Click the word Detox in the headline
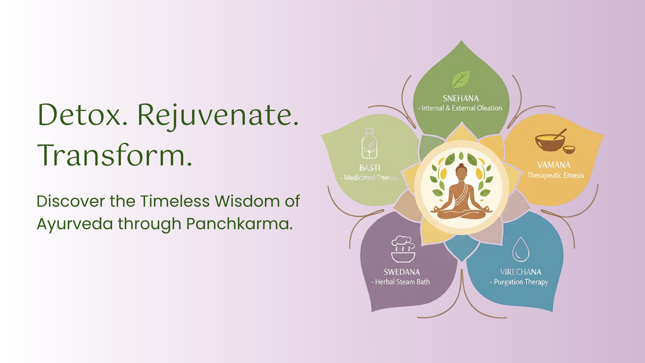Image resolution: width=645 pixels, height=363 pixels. (79, 115)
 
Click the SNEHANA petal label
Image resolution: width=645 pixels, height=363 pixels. (461, 98)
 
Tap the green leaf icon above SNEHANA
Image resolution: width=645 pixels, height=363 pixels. (461, 79)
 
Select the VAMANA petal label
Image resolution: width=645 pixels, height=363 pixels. (554, 165)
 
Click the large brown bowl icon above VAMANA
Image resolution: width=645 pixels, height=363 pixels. (550, 141)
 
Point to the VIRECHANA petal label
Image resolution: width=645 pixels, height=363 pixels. (520, 272)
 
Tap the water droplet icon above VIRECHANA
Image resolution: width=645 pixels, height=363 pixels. (520, 249)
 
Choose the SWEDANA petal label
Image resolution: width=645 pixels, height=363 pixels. (402, 272)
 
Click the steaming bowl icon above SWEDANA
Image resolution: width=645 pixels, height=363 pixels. (403, 249)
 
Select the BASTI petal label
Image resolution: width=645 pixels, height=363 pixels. (369, 168)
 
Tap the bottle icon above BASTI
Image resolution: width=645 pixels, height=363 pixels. (369, 143)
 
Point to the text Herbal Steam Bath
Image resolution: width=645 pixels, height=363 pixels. (402, 282)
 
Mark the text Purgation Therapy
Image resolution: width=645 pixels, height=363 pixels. (521, 282)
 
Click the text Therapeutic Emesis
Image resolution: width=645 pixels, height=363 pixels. (556, 175)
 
